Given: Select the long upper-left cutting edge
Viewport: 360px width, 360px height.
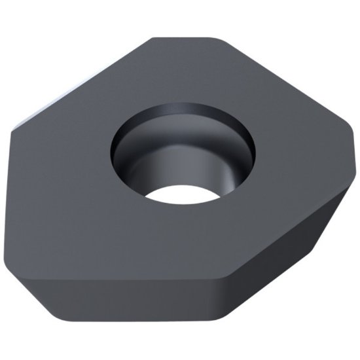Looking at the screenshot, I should (79, 82).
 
